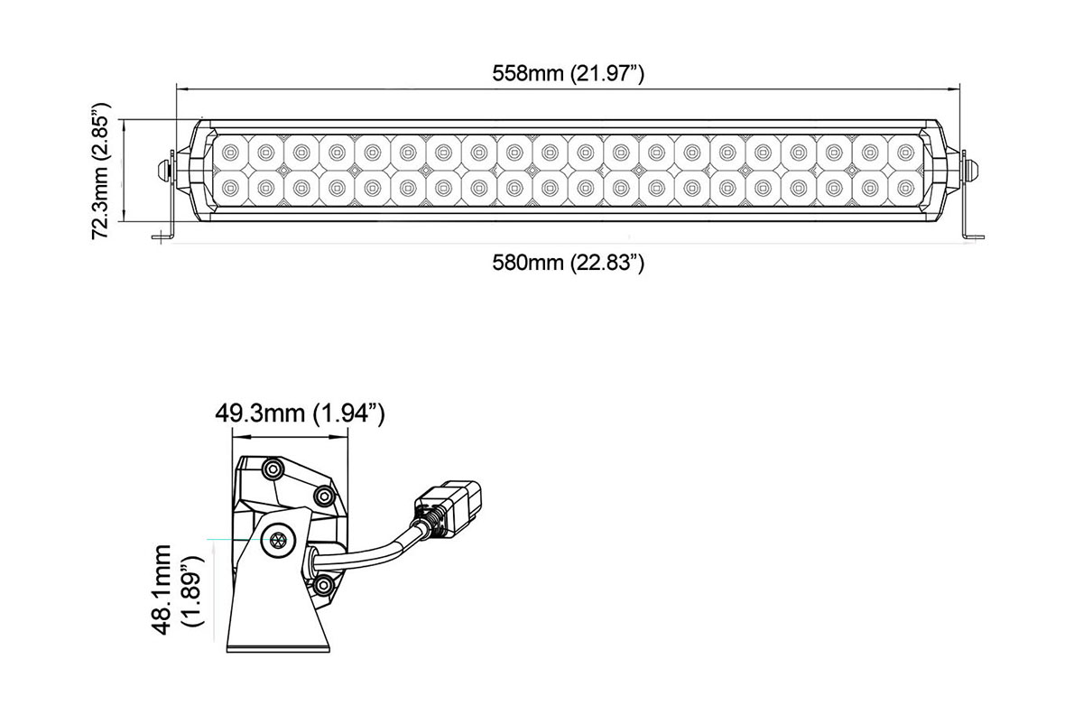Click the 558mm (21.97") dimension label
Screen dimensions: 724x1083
pyautogui.click(x=567, y=73)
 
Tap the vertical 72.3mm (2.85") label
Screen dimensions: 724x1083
pyautogui.click(x=105, y=175)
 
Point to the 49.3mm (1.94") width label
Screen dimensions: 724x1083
pyautogui.click(x=300, y=414)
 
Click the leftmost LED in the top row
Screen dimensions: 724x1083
pyautogui.click(x=230, y=151)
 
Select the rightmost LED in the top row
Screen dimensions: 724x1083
pyautogui.click(x=905, y=151)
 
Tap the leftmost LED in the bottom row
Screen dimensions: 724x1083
pyautogui.click(x=230, y=187)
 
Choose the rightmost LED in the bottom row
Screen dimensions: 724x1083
pyautogui.click(x=905, y=187)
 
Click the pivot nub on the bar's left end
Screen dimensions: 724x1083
pyautogui.click(x=164, y=169)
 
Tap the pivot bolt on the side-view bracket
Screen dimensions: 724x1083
pyautogui.click(x=277, y=541)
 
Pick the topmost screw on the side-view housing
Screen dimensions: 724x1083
pyautogui.click(x=272, y=468)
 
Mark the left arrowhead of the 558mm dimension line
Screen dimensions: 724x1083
pyautogui.click(x=179, y=89)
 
